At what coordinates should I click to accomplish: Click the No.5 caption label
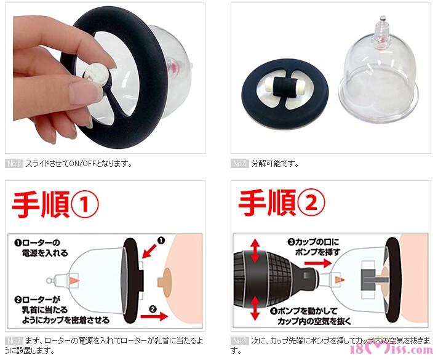(14, 164)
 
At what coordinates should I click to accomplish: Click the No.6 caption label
(240, 164)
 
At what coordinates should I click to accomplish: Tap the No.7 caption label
(14, 341)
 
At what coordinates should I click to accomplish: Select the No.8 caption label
(240, 341)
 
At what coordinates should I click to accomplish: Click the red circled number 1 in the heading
(85, 204)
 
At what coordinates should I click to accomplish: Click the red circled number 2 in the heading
(311, 202)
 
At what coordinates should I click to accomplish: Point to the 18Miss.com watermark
(391, 350)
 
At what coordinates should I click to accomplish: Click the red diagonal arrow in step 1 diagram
(149, 250)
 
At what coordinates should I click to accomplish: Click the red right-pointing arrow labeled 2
(154, 316)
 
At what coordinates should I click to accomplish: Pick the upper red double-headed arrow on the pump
(255, 251)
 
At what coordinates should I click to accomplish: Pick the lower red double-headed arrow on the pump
(255, 308)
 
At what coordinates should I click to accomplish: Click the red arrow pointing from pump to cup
(318, 263)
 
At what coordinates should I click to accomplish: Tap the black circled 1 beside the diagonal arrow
(161, 241)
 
